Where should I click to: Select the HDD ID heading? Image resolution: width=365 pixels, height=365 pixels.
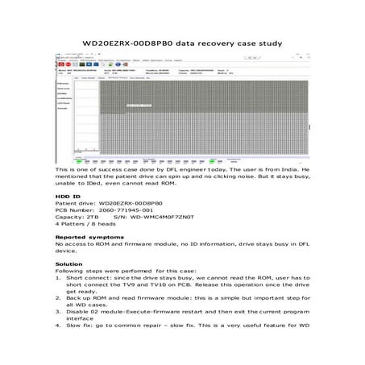(x=68, y=196)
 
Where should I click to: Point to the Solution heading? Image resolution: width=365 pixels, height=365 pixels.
(x=68, y=263)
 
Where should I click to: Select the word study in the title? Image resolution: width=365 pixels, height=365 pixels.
(x=267, y=44)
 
